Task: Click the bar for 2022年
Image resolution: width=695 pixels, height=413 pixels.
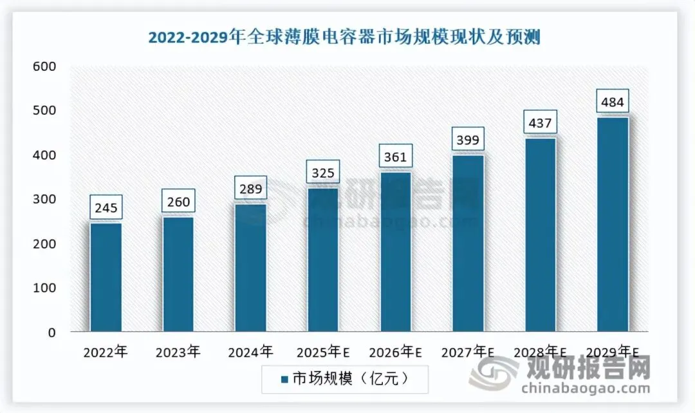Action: click(x=106, y=277)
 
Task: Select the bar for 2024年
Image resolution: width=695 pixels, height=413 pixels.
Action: click(x=250, y=267)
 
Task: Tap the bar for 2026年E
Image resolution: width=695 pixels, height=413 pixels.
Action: click(x=395, y=251)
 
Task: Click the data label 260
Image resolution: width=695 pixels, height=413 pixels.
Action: click(x=178, y=202)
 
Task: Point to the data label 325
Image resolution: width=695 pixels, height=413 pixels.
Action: click(x=323, y=174)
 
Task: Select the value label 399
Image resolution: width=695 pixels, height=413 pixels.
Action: click(x=468, y=140)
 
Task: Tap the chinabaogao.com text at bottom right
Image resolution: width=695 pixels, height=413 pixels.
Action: click(x=586, y=389)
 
